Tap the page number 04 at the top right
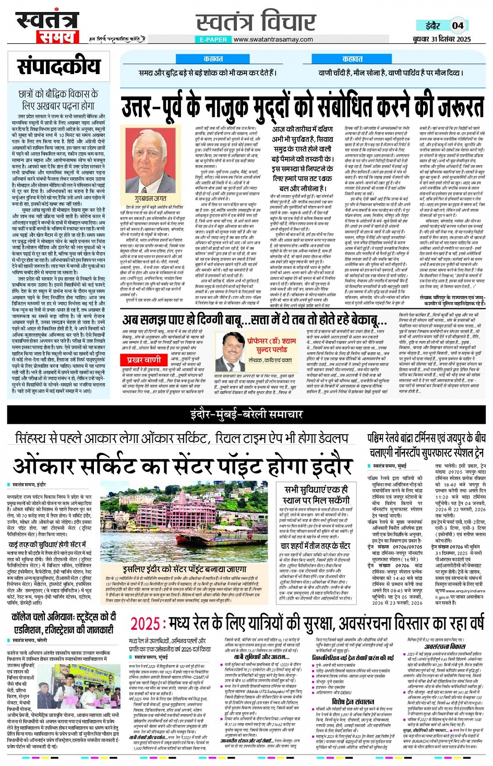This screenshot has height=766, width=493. (x=458, y=25)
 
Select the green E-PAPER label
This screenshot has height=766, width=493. (x=213, y=39)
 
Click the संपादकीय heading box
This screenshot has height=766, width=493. (x=59, y=67)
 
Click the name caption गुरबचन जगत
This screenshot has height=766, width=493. (x=151, y=198)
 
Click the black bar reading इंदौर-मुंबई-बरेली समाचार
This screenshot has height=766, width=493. (x=246, y=415)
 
